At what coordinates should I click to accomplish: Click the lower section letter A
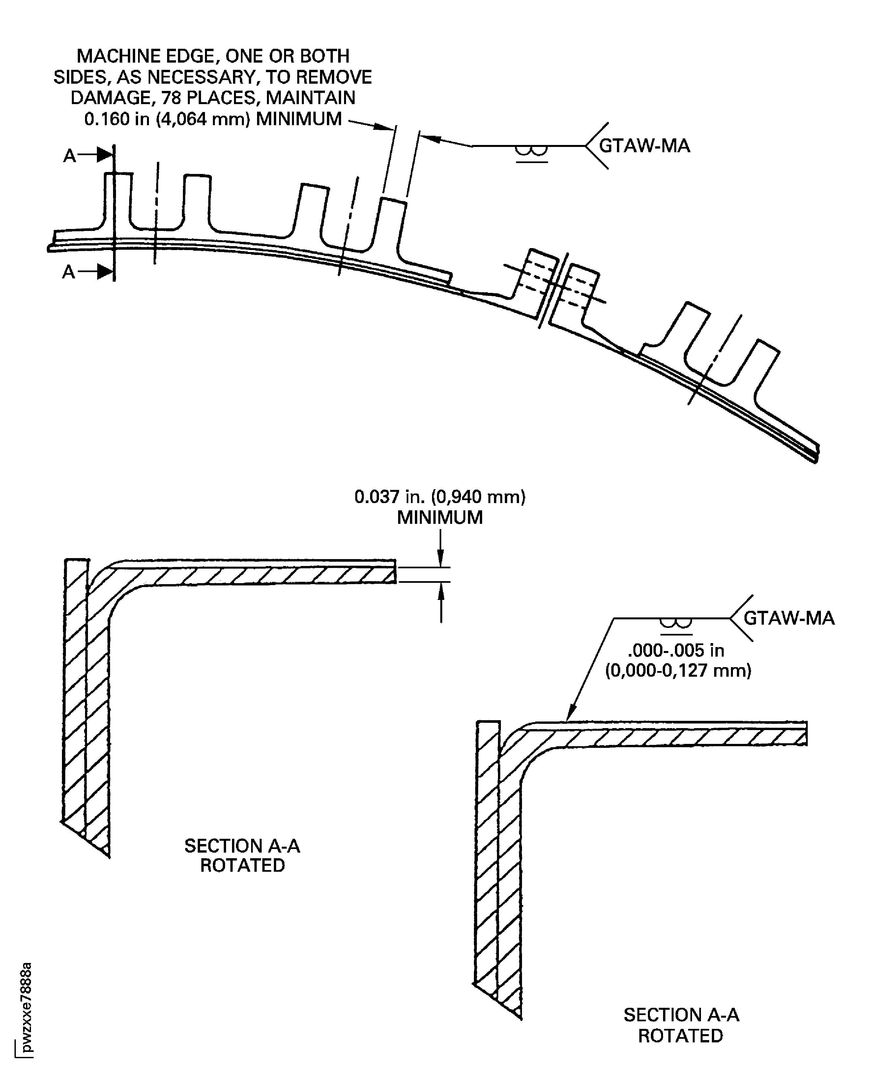click(69, 272)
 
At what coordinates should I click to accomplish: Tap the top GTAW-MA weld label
click(645, 146)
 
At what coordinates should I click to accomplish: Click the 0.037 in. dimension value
click(440, 497)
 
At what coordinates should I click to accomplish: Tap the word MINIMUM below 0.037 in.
click(440, 518)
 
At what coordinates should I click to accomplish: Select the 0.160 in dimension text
click(213, 119)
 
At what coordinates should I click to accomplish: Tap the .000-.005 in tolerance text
click(676, 651)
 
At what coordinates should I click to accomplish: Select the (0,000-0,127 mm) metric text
click(678, 671)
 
